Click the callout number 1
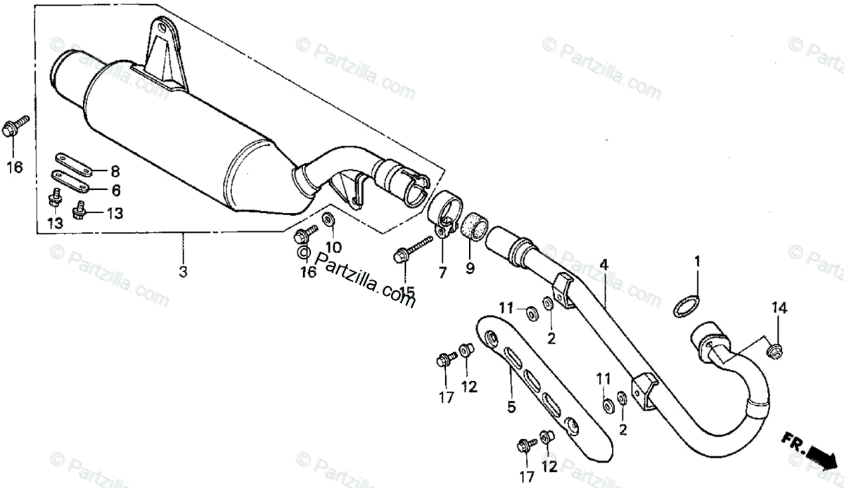point(697,262)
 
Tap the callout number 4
point(603,264)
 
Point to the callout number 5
point(511,406)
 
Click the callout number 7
point(442,272)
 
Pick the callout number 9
point(470,268)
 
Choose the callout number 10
point(333,248)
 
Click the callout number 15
point(405,291)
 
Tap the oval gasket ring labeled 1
point(686,307)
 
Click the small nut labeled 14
point(774,347)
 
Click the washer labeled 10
point(328,220)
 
